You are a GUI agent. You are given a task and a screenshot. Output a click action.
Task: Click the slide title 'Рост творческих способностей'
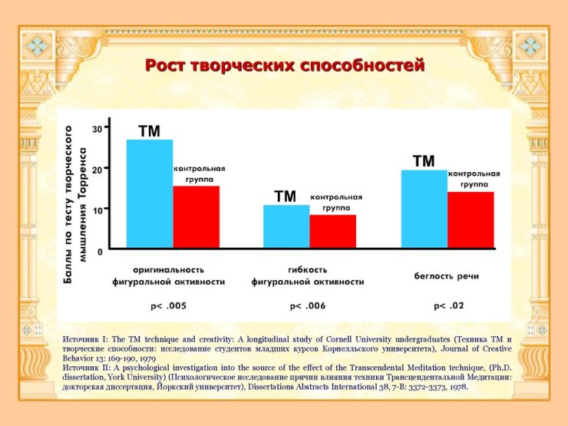(284, 66)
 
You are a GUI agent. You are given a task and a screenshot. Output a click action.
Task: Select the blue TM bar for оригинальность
(150, 193)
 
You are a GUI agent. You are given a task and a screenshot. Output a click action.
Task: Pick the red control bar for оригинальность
(196, 216)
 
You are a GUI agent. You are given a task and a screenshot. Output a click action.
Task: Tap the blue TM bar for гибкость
(286, 226)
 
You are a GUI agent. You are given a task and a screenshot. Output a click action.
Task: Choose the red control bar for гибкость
(332, 231)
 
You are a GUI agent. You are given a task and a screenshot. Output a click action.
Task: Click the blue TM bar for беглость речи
(424, 209)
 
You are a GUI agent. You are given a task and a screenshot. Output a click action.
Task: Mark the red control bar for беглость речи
(470, 220)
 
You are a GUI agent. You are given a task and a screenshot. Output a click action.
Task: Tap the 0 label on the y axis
(99, 251)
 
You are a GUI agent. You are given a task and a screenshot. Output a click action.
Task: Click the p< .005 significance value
(168, 306)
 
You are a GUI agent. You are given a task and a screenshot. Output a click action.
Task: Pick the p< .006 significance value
(308, 306)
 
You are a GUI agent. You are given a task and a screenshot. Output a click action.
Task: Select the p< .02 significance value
(449, 306)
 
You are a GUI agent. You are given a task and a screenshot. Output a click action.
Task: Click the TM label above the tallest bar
(149, 131)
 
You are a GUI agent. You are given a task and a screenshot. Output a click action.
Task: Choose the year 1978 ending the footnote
(457, 387)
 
